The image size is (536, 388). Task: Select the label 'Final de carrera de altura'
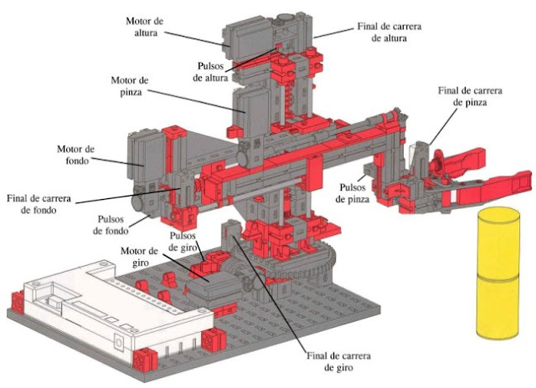(x=388, y=33)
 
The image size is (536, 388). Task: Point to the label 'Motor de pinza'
(x=130, y=86)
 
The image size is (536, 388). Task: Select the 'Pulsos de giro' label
(x=184, y=240)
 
